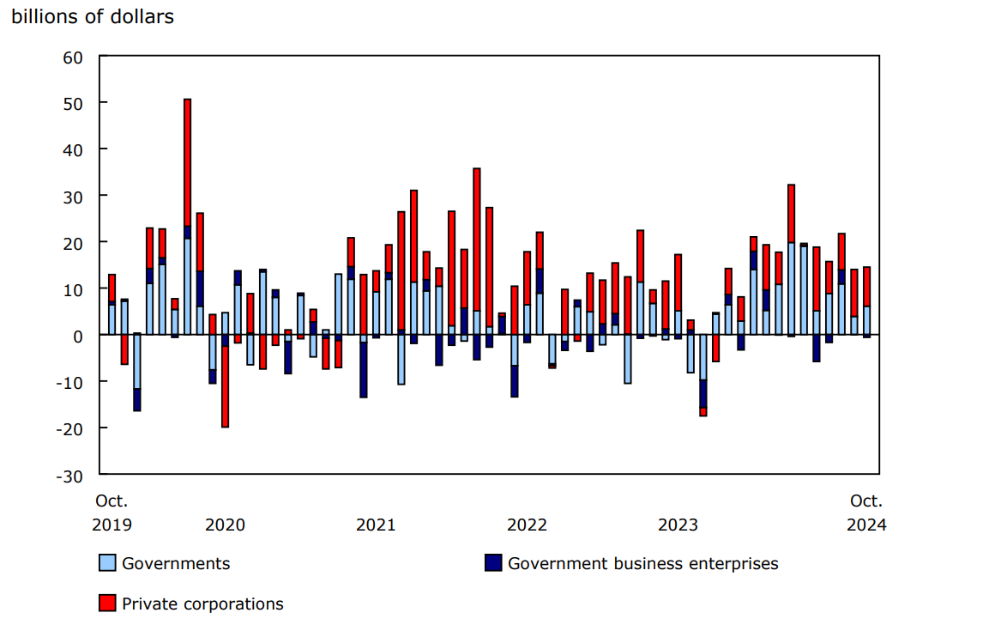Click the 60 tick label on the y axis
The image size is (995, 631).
71,57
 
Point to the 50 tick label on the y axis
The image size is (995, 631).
71,103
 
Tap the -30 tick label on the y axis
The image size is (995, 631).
68,475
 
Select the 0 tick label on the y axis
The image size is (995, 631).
76,336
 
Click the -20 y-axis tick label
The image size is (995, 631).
68,428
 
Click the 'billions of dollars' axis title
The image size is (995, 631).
93,17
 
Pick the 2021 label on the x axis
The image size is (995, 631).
376,525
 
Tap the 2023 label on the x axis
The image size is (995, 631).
678,525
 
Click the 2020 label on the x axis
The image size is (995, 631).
225,525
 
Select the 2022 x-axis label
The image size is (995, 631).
527,525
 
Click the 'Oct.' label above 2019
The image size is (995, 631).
112,501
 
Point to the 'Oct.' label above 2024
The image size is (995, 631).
866,501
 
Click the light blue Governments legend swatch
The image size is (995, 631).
107,564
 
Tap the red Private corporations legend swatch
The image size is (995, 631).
107,604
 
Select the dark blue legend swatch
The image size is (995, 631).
493,564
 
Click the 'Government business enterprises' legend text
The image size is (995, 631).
642,564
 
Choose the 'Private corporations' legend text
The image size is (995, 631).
202,604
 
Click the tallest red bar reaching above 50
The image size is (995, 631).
188,162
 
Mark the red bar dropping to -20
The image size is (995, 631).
226,386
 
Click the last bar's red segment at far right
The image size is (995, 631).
867,287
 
